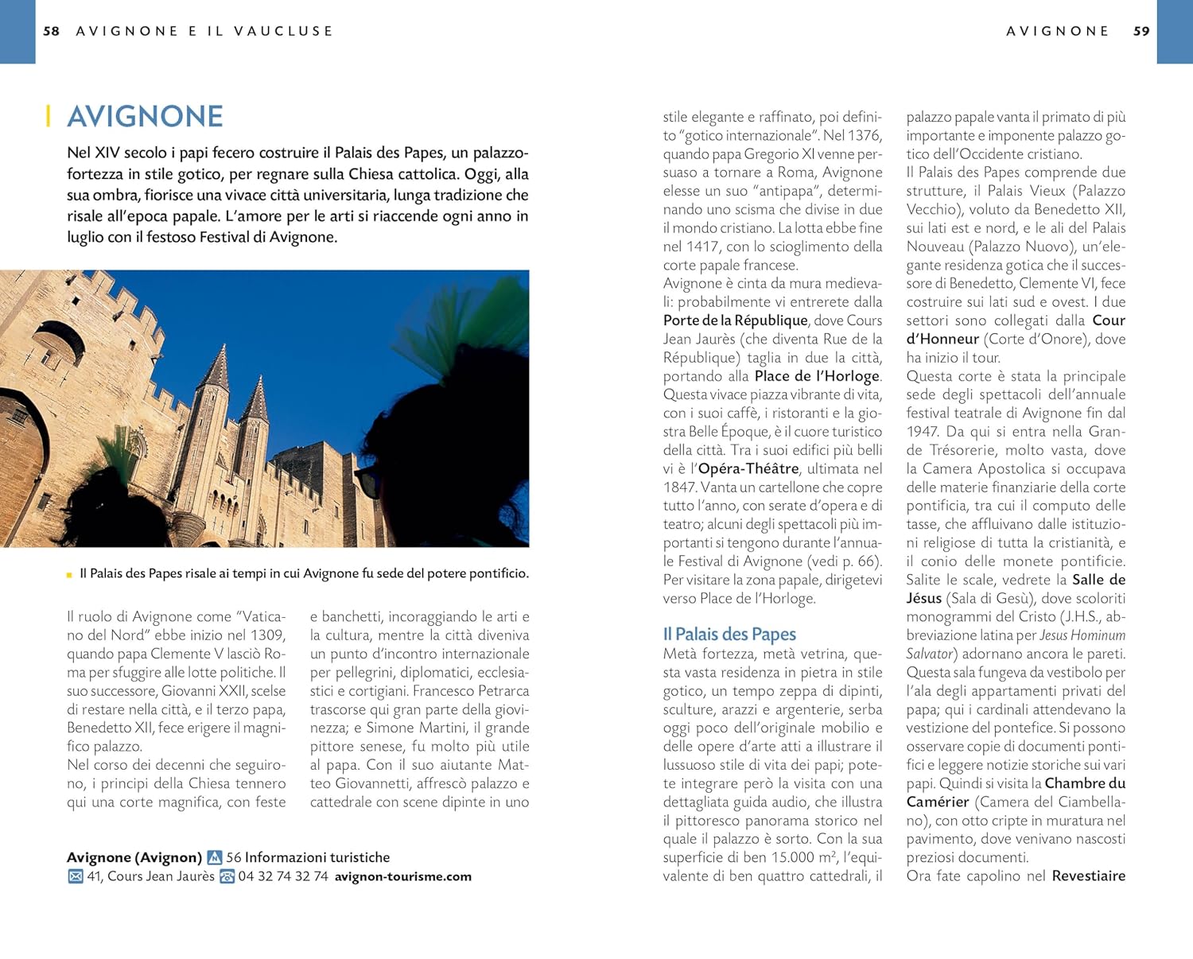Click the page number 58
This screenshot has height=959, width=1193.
coord(51,31)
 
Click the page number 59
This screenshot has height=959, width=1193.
coord(1141,31)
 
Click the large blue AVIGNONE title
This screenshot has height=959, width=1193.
coord(145,116)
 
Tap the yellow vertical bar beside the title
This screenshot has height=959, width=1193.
coord(49,116)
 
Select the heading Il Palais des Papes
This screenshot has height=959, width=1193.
coord(729,634)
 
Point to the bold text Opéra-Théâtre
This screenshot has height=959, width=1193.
coord(748,469)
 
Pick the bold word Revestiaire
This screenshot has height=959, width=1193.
coord(1088,876)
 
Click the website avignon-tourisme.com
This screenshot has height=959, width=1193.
coord(402,876)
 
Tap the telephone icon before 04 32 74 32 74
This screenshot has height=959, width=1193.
coord(227,876)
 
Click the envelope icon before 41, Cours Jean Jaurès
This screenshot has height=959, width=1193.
coord(76,876)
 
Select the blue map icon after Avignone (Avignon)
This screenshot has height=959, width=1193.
coord(214,857)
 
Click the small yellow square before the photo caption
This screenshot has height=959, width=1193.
coord(70,574)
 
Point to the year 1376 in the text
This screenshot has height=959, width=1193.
coord(864,135)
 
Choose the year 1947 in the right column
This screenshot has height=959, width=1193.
coord(923,432)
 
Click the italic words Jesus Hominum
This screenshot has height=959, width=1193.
coord(1082,635)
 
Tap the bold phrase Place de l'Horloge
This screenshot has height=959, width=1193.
coord(817,376)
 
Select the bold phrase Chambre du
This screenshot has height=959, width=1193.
coord(1085,783)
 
